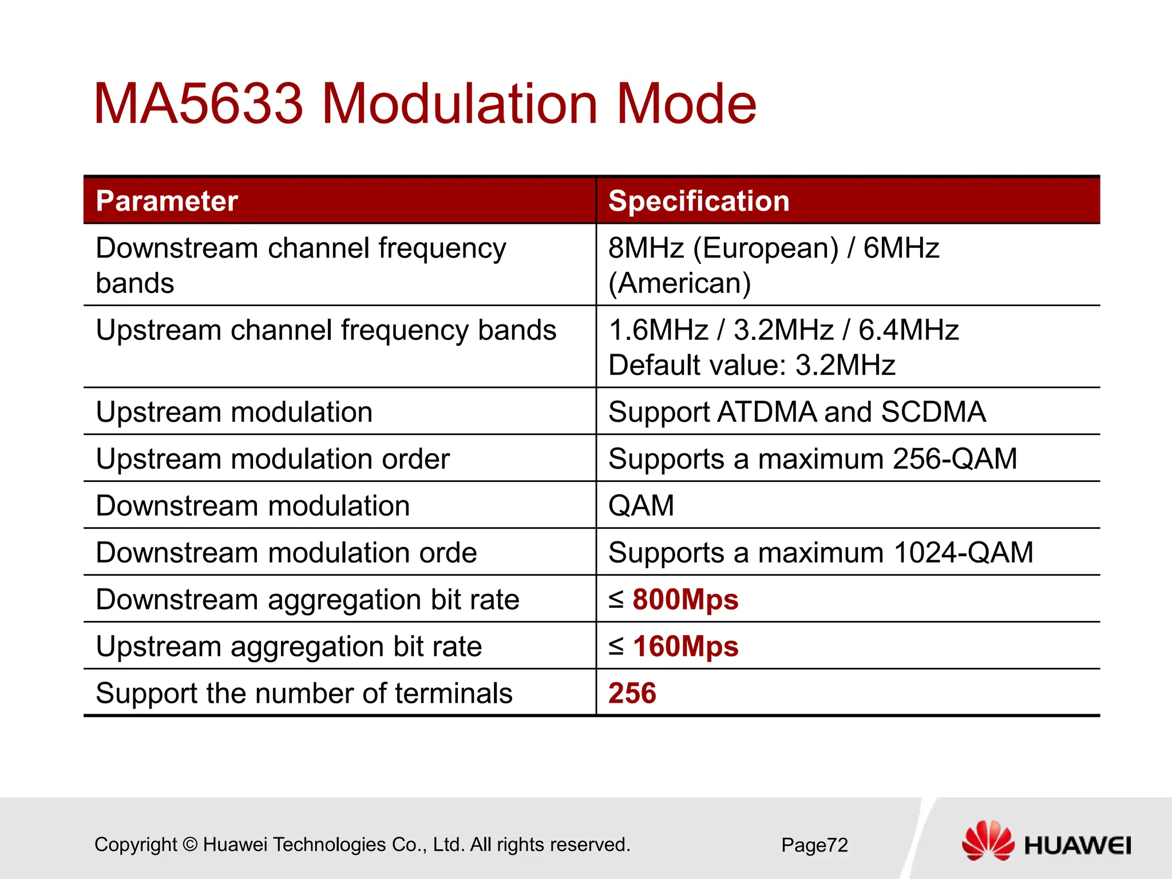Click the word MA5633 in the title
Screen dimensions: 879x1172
pyautogui.click(x=197, y=104)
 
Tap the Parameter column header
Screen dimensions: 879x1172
pyautogui.click(x=167, y=201)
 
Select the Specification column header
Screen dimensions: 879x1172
pyautogui.click(x=699, y=201)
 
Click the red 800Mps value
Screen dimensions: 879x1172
pyautogui.click(x=685, y=600)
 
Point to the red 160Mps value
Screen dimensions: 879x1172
pyautogui.click(x=685, y=647)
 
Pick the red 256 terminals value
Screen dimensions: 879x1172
pyautogui.click(x=632, y=694)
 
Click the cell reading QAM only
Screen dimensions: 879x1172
pyautogui.click(x=641, y=506)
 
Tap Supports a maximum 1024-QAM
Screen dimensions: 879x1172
pyautogui.click(x=821, y=553)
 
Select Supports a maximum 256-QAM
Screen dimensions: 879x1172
pyautogui.click(x=813, y=459)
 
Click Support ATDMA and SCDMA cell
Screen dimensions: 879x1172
pyautogui.click(x=797, y=412)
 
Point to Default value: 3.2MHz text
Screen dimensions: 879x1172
pyautogui.click(x=751, y=365)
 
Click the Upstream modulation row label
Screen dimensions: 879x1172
pyautogui.click(x=234, y=412)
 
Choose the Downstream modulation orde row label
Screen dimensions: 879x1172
pyautogui.click(x=286, y=553)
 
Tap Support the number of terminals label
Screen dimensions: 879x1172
pyautogui.click(x=304, y=694)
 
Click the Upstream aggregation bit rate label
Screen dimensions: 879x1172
pyautogui.click(x=288, y=647)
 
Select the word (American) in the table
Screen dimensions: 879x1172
pyautogui.click(x=679, y=283)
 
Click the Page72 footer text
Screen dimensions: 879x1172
pyautogui.click(x=814, y=845)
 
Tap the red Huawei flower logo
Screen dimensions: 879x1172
pyautogui.click(x=987, y=841)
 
